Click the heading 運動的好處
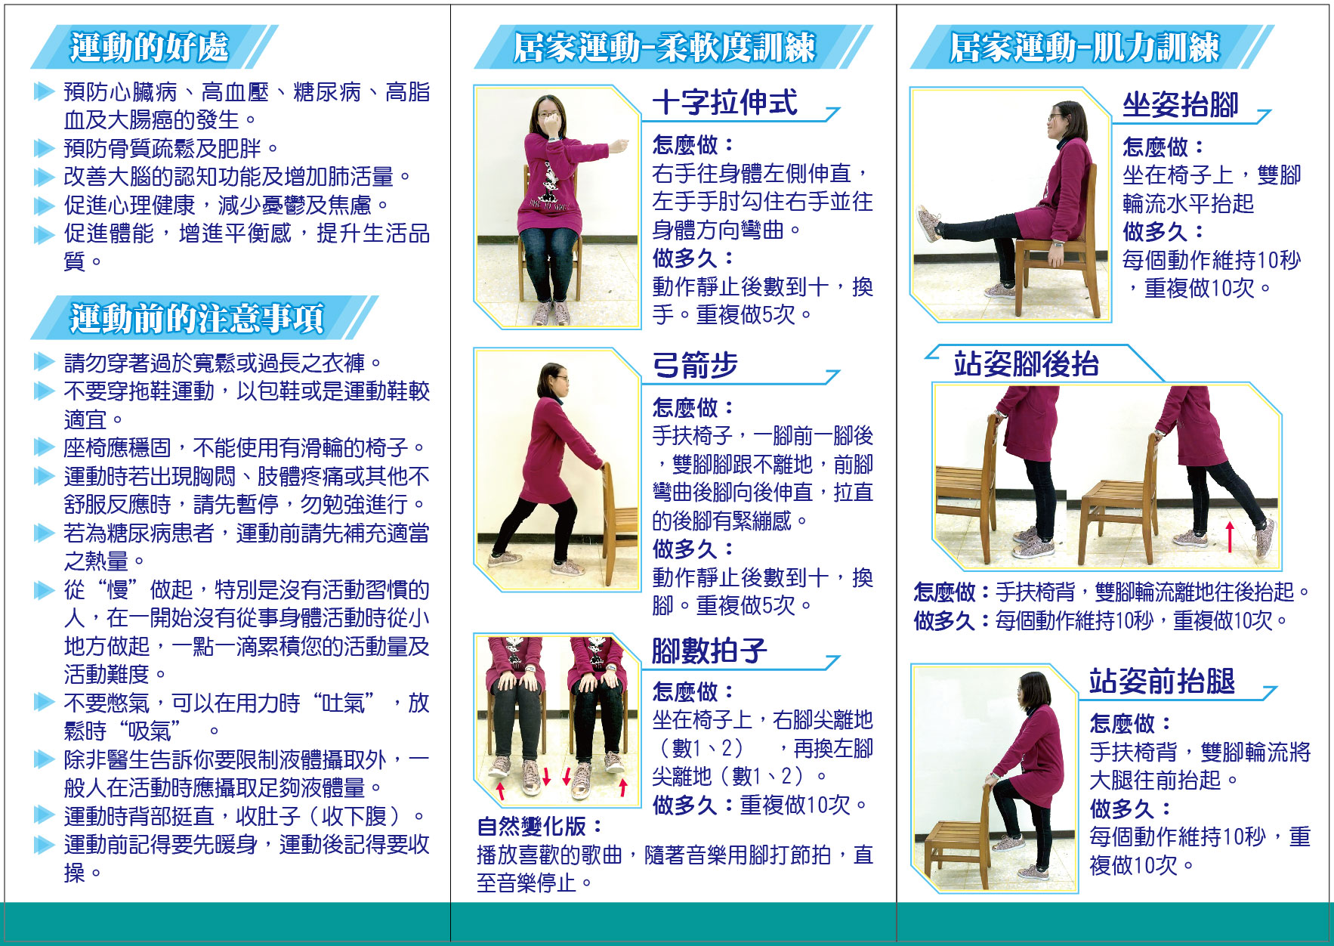(x=149, y=47)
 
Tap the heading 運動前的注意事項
(x=197, y=318)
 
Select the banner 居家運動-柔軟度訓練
(x=664, y=48)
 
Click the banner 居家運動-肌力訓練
(x=1084, y=48)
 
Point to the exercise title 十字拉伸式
(x=724, y=103)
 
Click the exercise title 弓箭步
(x=695, y=365)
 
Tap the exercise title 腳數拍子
(x=709, y=650)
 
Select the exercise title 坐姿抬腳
(x=1181, y=105)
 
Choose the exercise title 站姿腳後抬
(x=1026, y=364)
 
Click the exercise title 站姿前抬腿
(x=1162, y=681)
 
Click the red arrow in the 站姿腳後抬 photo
(x=1230, y=536)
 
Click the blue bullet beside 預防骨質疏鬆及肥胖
(x=45, y=149)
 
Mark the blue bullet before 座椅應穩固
(x=45, y=448)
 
